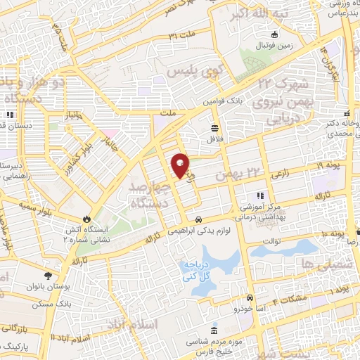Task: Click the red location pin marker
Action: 180,166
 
